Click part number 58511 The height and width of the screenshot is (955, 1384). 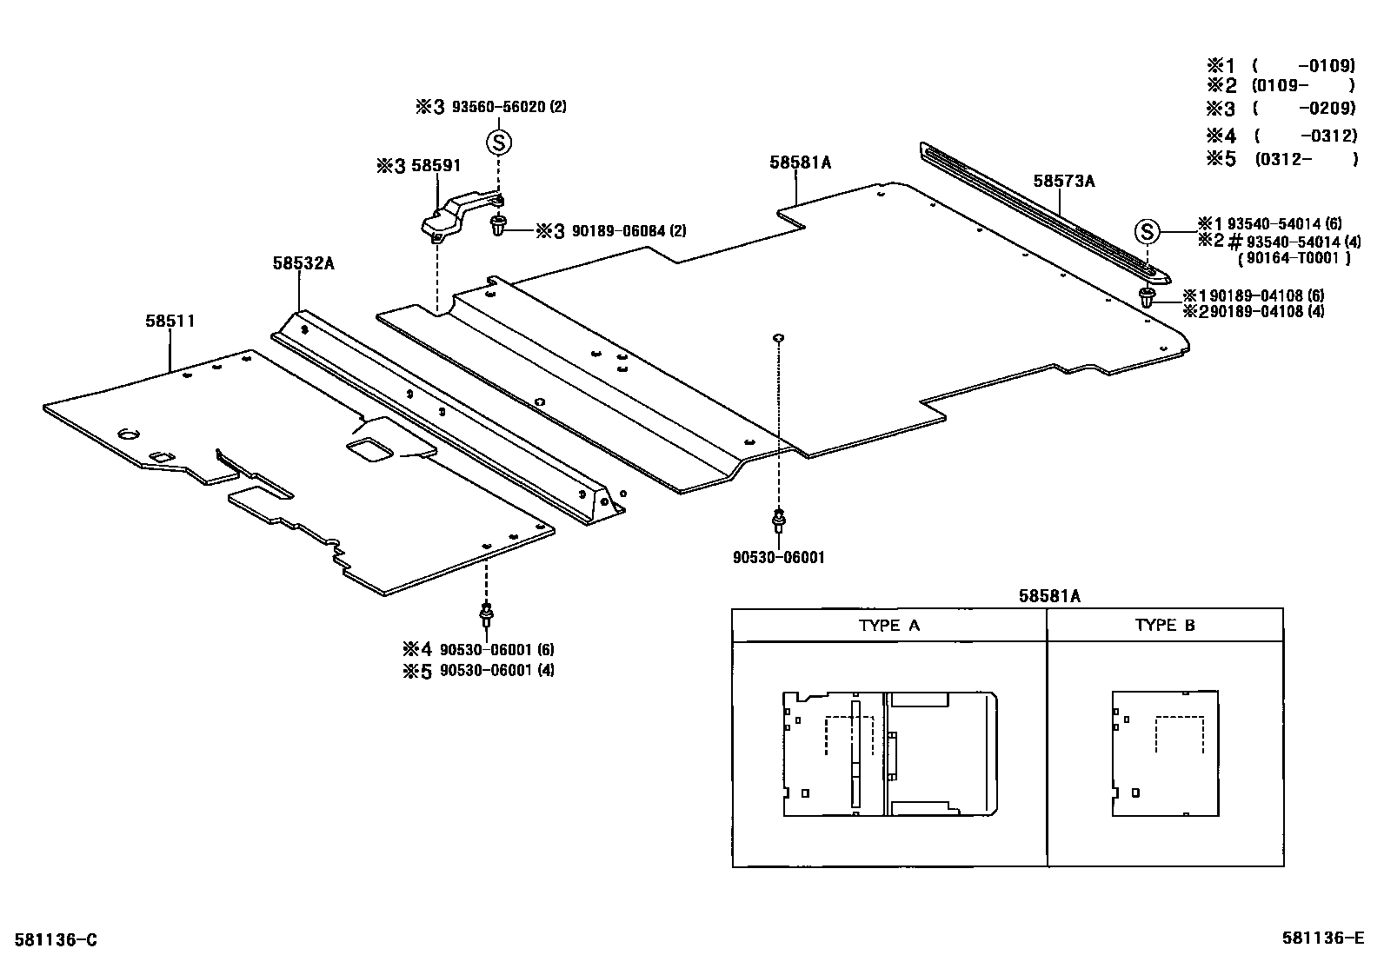170,322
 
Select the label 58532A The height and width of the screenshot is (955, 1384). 303,262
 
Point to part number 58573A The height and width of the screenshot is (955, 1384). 1063,182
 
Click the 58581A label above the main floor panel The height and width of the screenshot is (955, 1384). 800,162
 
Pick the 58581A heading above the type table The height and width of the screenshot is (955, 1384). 1049,596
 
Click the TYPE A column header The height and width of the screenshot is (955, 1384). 888,625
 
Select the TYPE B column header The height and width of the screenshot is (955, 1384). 1164,625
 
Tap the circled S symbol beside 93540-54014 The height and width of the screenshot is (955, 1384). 1148,231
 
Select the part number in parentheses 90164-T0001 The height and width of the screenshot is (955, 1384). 1294,258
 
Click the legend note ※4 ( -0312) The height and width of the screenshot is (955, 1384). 1281,136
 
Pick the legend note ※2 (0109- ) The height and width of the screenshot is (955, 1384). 1281,85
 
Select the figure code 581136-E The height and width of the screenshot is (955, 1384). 1323,938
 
